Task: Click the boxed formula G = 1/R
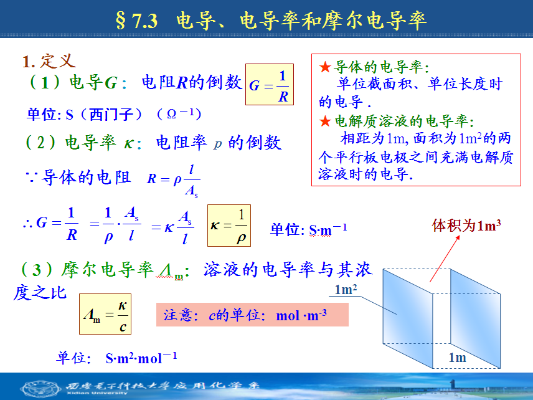270,84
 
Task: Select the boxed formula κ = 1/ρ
229,226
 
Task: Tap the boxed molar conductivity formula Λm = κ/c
105,314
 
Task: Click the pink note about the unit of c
252,315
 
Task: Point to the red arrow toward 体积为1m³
445,259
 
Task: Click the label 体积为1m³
466,225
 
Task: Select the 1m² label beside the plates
346,290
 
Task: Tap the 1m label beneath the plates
457,357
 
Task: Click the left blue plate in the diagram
408,318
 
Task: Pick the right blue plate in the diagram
475,318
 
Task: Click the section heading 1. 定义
49,61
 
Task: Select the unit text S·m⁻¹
328,229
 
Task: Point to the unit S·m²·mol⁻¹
141,358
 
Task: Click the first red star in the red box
325,67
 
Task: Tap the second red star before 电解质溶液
325,121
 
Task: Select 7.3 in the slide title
145,21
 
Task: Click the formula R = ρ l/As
173,181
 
